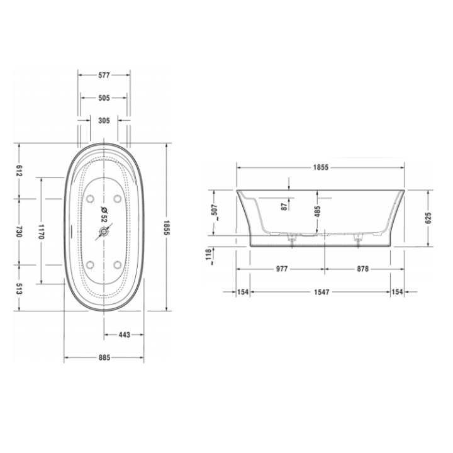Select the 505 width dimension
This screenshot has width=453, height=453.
[x=104, y=98]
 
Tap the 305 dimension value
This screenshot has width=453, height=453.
[x=104, y=121]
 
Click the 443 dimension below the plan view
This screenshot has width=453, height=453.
[x=123, y=335]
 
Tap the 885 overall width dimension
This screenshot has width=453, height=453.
[x=104, y=357]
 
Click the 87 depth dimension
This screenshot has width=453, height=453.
[x=284, y=205]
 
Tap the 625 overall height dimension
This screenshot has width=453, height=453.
[x=428, y=217]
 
